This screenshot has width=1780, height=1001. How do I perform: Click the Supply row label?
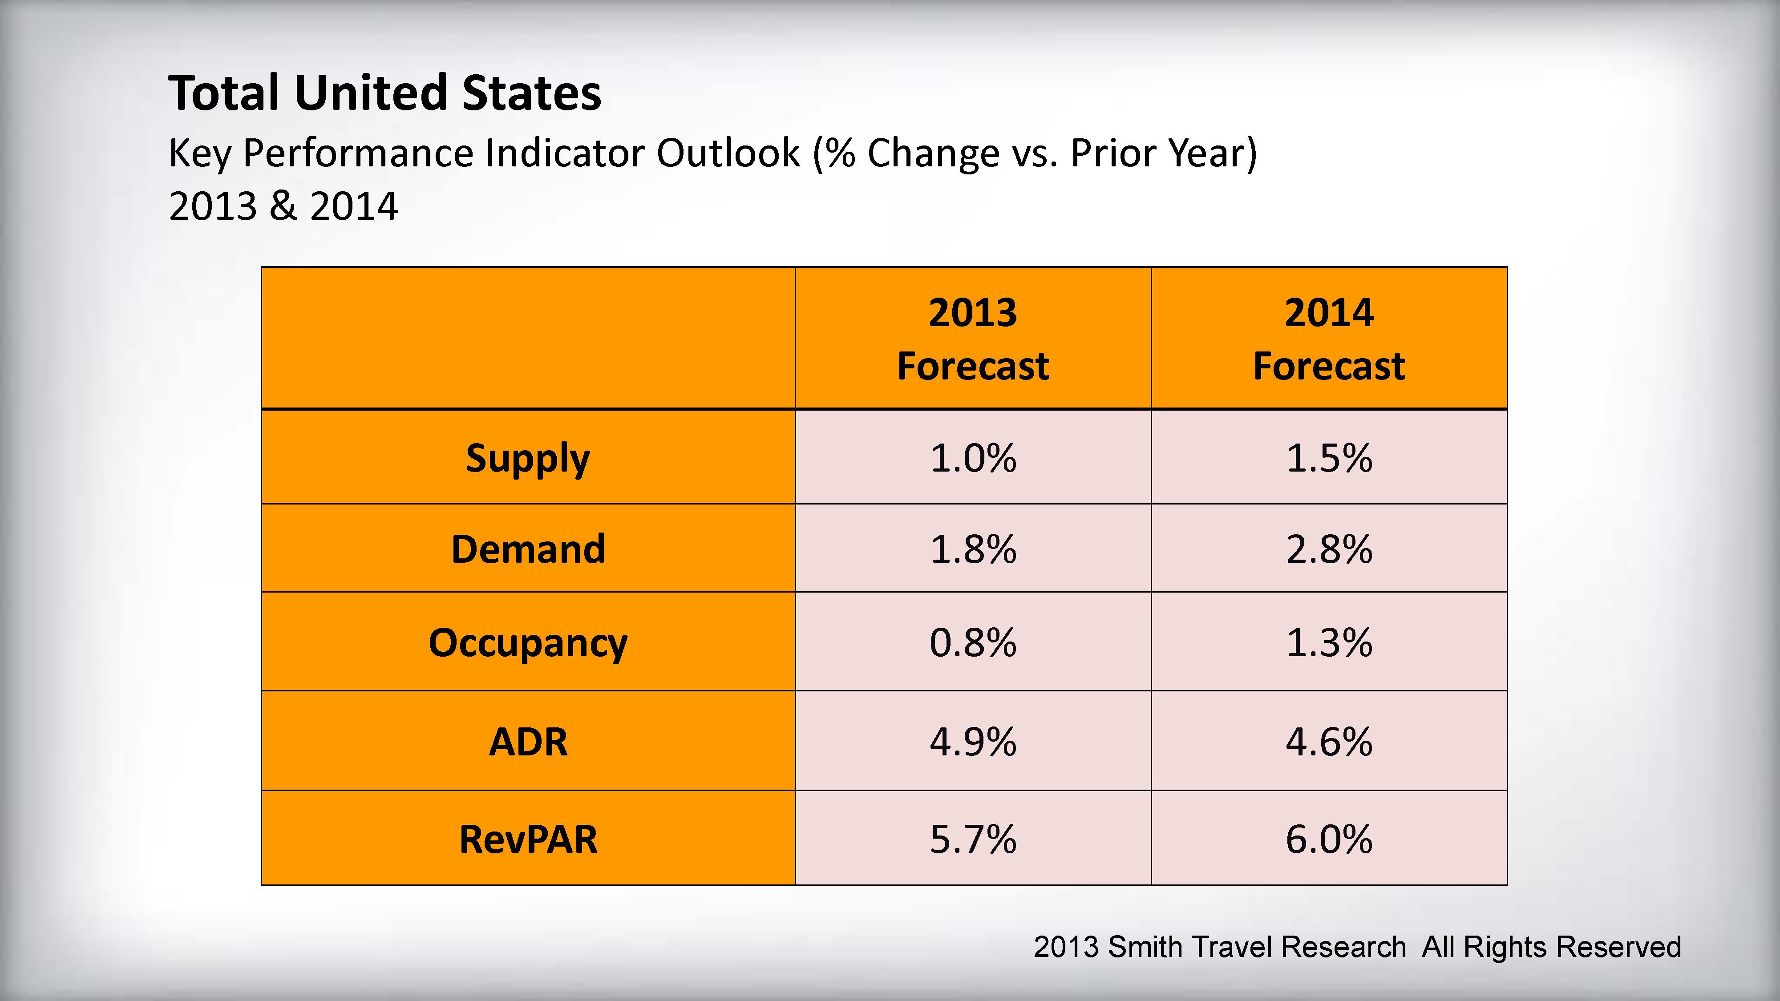coord(528,458)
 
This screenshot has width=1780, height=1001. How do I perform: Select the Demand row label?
coord(528,549)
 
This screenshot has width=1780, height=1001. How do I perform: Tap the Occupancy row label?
coord(528,642)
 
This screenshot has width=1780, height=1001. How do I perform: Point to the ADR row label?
coord(528,742)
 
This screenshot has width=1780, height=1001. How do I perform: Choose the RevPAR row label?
coord(528,840)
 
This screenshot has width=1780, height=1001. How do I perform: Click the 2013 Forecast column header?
coord(973,339)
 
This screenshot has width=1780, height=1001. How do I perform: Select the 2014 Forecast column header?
coord(1329,339)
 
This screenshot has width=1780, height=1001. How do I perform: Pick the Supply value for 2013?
coord(973,458)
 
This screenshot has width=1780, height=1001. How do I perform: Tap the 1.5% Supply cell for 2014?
coord(1329,458)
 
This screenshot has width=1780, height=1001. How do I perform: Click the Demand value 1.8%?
coord(973,549)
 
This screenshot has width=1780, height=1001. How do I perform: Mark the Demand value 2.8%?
coord(1329,549)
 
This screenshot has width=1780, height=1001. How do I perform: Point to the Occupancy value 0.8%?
coord(973,642)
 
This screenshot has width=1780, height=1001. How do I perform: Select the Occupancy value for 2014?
coord(1329,642)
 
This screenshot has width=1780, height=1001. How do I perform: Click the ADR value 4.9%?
coord(973,742)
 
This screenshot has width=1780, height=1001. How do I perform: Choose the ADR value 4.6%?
coord(1329,742)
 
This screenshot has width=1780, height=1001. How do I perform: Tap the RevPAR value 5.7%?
coord(973,840)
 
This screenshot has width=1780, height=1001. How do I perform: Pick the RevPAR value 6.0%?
coord(1329,840)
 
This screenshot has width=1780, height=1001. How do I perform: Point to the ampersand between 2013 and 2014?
coord(283,206)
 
